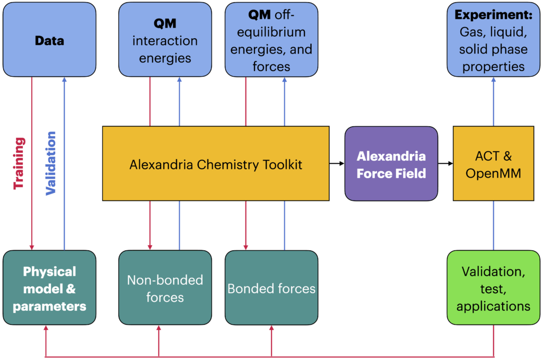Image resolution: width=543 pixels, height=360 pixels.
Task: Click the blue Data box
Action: (49, 39)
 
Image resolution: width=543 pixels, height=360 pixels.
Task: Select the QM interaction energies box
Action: (165, 39)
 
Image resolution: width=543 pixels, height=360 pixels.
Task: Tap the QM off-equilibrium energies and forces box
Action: (271, 39)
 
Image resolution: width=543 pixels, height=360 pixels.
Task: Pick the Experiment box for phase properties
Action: (494, 39)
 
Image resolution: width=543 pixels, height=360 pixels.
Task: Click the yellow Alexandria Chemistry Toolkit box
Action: (216, 163)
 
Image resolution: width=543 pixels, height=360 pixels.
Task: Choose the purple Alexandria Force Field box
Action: (391, 163)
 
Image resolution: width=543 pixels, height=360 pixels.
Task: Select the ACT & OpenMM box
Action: (494, 163)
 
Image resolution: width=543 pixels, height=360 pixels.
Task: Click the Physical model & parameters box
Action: (49, 288)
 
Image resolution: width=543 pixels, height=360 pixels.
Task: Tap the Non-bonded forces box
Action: (165, 288)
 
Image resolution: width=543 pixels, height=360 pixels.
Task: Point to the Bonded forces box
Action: (271, 288)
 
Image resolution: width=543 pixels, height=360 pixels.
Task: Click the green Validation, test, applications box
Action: (494, 288)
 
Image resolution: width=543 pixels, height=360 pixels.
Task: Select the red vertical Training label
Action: (19, 163)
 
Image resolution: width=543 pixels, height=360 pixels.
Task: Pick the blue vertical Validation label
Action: (51, 163)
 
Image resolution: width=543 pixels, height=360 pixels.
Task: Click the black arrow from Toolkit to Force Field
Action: (337, 163)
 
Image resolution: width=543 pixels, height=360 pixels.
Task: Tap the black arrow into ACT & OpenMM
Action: (445, 163)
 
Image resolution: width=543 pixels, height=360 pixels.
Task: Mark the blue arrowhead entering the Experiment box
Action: (494, 80)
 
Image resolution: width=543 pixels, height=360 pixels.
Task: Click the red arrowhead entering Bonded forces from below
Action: (271, 328)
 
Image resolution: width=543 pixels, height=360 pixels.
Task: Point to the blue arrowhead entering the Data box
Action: (64, 80)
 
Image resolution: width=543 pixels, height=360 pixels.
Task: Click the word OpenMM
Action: (493, 173)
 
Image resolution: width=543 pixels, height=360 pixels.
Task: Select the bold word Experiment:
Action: (494, 14)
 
